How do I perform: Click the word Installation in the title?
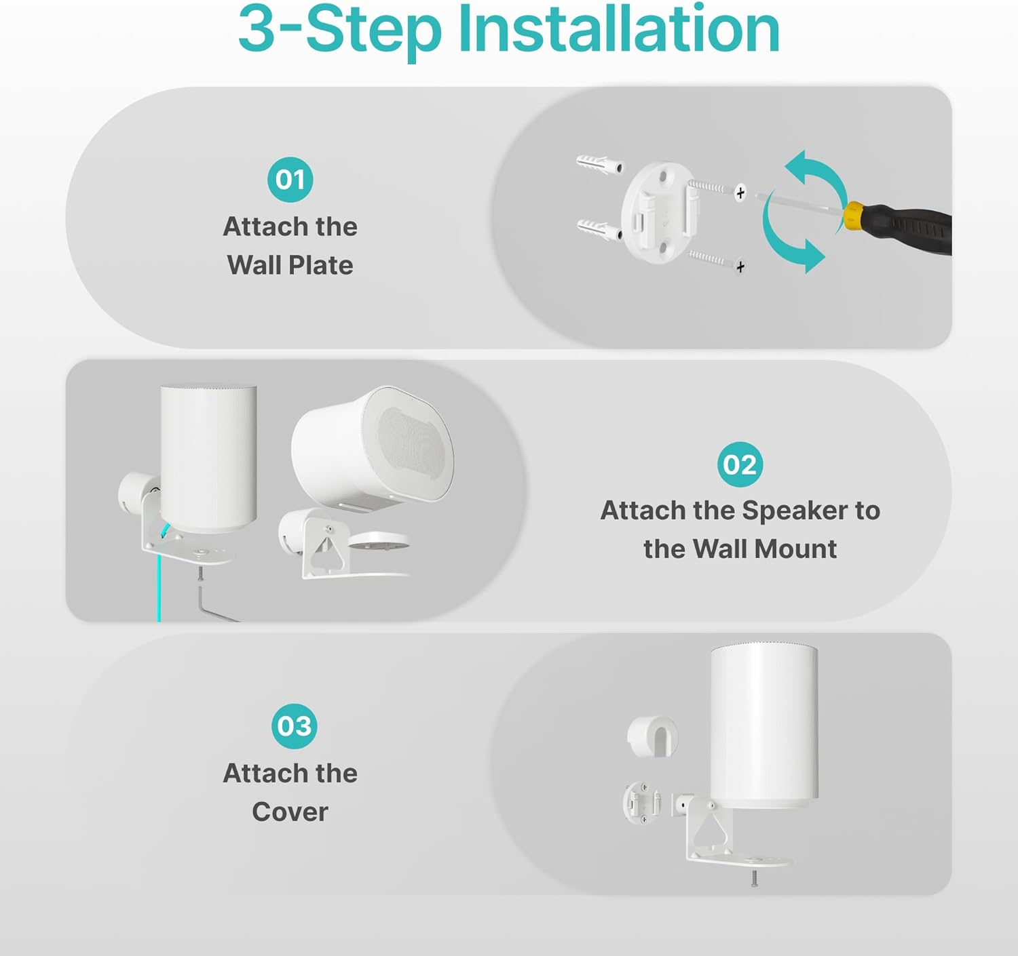[x=619, y=31]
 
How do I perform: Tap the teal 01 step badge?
[x=290, y=180]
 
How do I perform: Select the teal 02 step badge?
[x=740, y=464]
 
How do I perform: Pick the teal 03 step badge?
[x=294, y=726]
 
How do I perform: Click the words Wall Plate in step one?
[x=290, y=265]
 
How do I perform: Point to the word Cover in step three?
[x=290, y=812]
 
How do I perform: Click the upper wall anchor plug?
[x=599, y=164]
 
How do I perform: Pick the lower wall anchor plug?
[x=599, y=229]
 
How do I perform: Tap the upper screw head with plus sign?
[x=740, y=193]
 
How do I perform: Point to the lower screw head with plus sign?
[x=740, y=266]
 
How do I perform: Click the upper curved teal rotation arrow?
[x=818, y=175]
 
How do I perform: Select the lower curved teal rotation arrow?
[x=787, y=241]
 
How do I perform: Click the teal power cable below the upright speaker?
[x=159, y=583]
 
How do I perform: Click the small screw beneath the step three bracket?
[x=754, y=879]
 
